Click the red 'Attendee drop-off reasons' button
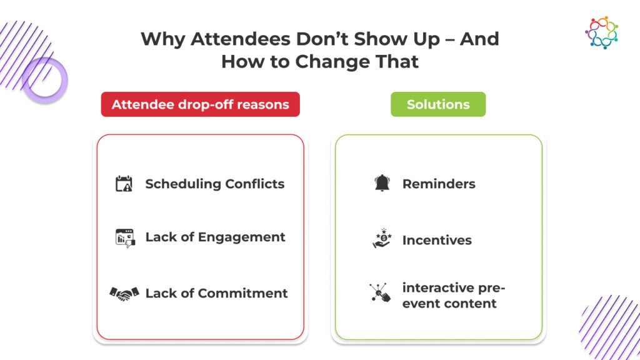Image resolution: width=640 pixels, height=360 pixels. (201, 104)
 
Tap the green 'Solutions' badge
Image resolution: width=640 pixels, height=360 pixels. (438, 104)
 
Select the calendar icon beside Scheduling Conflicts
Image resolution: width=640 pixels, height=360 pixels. (124, 184)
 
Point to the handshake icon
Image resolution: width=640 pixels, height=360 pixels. (124, 294)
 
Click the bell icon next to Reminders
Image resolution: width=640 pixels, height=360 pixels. (382, 183)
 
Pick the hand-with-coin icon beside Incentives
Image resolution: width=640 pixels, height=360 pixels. (382, 238)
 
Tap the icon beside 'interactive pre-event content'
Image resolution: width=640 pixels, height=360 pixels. (380, 292)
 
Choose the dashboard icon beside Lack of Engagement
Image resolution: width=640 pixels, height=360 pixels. (125, 238)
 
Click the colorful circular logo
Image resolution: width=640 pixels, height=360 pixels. (602, 32)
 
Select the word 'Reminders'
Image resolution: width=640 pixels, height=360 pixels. (439, 184)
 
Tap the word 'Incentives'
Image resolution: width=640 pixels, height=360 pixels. (437, 241)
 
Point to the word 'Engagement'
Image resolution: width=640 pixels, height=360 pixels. (242, 237)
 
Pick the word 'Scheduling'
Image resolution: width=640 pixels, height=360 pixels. (183, 184)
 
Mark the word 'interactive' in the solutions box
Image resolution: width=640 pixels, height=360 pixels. (438, 287)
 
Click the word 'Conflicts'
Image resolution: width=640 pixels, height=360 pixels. (255, 184)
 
